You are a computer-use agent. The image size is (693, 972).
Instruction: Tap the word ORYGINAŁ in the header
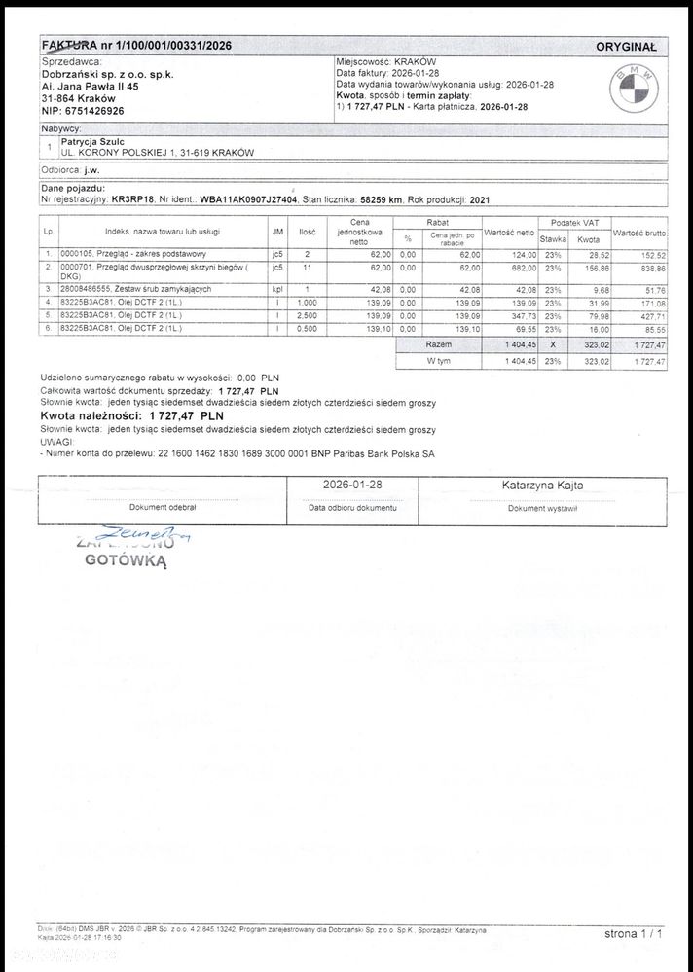click(x=626, y=46)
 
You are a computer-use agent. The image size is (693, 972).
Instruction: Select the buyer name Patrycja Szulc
click(x=95, y=141)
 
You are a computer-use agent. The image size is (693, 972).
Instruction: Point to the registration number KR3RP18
click(x=133, y=198)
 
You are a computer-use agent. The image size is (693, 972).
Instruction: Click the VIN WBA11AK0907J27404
click(x=250, y=198)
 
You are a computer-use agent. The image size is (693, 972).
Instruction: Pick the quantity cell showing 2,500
click(x=307, y=316)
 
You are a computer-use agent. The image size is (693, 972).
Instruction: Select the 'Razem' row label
click(x=439, y=345)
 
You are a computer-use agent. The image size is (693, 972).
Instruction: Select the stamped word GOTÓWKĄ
click(x=127, y=560)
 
